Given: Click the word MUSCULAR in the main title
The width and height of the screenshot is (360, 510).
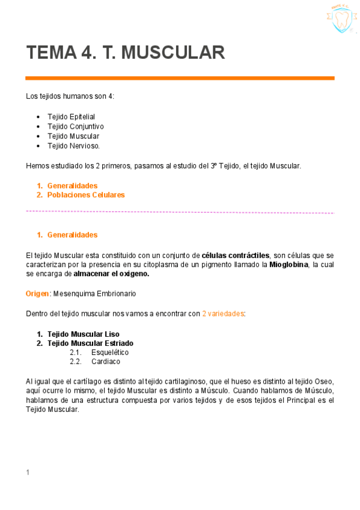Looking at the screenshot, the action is click(173, 53).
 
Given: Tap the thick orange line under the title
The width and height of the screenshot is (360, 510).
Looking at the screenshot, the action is click(180, 78).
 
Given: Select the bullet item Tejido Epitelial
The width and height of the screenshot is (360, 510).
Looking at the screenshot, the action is click(71, 117).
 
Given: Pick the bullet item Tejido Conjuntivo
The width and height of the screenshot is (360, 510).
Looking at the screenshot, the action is click(75, 126).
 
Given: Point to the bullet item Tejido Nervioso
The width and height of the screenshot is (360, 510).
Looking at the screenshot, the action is click(73, 146).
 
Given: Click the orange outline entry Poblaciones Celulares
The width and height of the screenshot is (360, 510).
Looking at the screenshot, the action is click(86, 195).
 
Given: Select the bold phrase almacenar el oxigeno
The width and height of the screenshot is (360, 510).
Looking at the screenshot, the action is click(111, 274).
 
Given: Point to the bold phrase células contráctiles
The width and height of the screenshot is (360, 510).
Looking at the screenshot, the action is click(236, 255).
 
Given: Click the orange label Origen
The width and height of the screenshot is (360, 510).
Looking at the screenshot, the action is click(37, 293).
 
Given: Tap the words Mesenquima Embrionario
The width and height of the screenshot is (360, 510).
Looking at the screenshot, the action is click(94, 293).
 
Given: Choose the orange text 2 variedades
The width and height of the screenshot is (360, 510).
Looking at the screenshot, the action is click(223, 313).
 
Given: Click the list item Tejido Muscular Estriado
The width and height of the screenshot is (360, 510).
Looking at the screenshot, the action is click(90, 343).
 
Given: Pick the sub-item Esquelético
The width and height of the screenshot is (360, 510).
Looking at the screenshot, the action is click(110, 352).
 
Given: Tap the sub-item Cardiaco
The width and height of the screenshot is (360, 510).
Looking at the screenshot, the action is click(106, 361).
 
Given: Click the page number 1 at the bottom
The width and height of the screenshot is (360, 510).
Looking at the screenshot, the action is click(28, 473).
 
